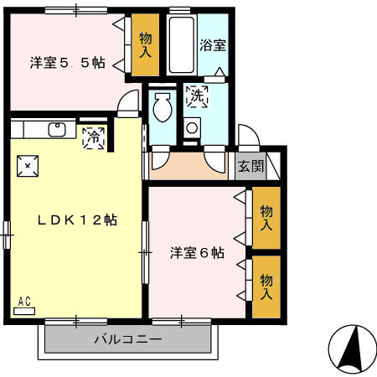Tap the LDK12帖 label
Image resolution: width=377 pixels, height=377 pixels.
point(75,220)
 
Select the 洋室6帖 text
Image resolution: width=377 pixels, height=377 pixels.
point(196,252)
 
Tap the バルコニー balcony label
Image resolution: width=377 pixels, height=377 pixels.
point(127,340)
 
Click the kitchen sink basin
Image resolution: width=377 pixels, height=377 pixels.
point(58,130)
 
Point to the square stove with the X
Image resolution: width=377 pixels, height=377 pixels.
point(28,165)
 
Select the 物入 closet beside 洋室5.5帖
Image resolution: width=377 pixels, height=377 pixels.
point(145,45)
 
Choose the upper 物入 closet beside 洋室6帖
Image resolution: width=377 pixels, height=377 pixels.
point(266,217)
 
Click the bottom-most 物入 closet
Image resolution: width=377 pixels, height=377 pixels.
point(266,287)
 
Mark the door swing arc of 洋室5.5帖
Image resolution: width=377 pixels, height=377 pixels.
point(129,104)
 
